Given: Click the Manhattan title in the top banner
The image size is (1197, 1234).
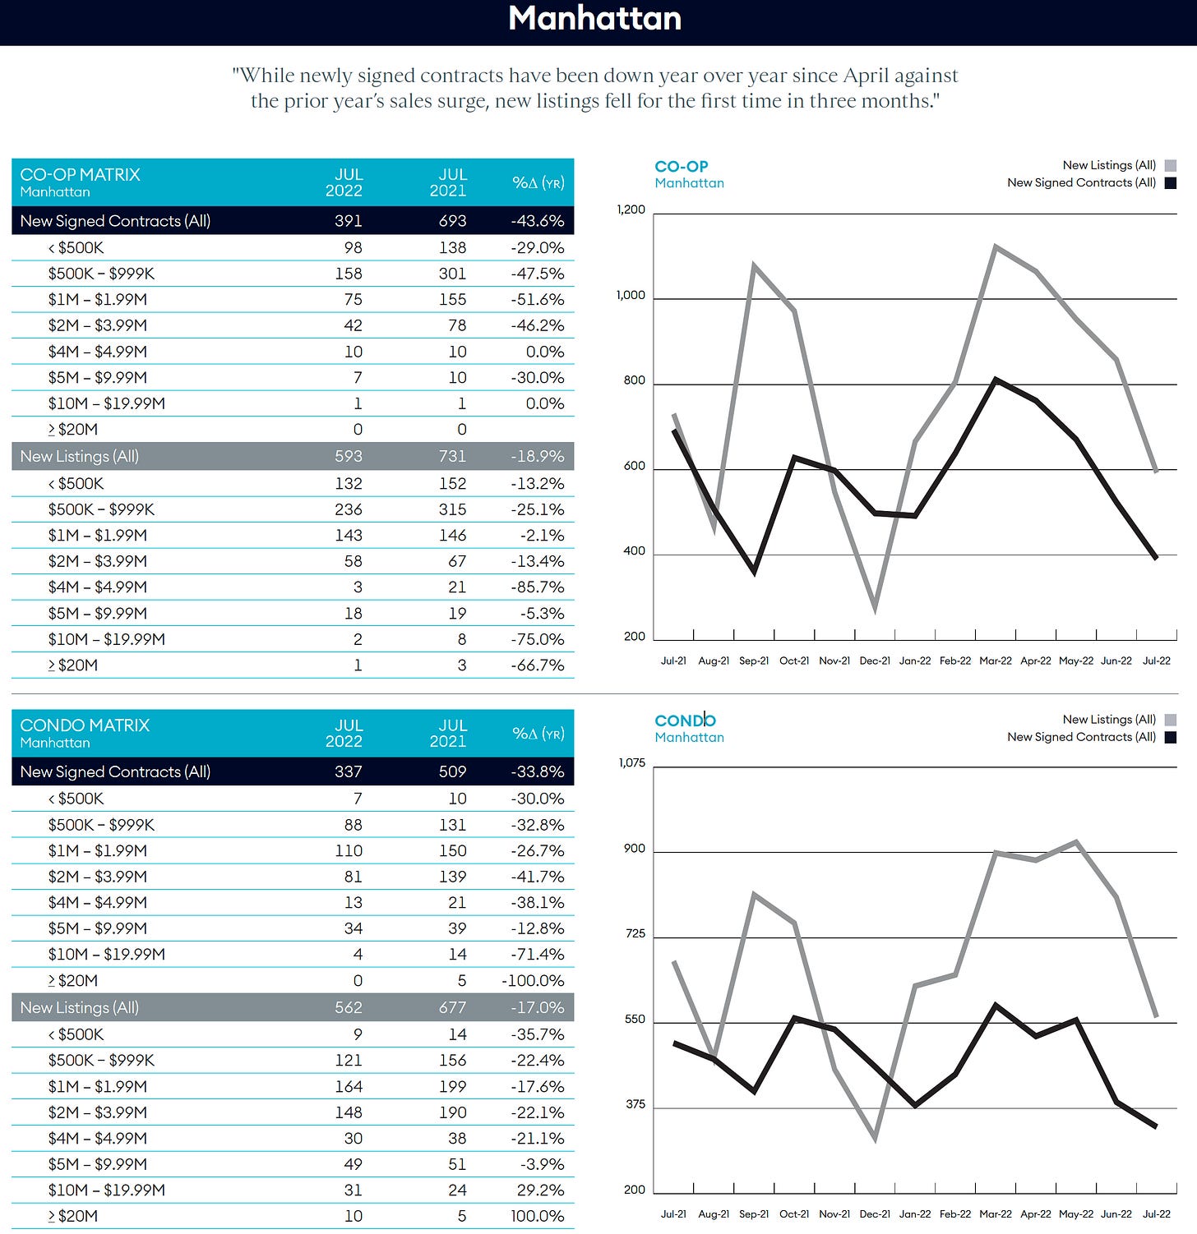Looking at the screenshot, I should (x=595, y=18).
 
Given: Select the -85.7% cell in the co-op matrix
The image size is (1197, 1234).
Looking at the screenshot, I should (x=538, y=587).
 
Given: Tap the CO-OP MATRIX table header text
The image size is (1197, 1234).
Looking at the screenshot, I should (x=80, y=174).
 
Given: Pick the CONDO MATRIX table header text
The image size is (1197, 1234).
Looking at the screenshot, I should (x=85, y=725).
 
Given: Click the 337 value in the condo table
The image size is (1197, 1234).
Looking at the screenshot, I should (x=349, y=771).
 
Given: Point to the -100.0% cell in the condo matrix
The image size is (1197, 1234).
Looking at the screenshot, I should (x=533, y=980).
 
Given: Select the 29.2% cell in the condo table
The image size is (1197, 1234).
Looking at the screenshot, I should (x=540, y=1190).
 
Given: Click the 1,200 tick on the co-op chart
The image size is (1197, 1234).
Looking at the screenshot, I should (x=631, y=210).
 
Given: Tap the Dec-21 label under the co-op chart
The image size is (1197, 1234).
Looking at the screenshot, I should (x=875, y=661).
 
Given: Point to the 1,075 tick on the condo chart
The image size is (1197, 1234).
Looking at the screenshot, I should (x=632, y=763).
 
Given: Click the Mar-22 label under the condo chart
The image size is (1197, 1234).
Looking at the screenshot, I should (x=996, y=1213).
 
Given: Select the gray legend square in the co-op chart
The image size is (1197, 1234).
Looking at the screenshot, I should (x=1171, y=165).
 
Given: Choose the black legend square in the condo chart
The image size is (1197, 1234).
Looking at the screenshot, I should (x=1171, y=737).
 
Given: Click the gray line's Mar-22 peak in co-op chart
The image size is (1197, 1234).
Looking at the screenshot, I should (x=996, y=246).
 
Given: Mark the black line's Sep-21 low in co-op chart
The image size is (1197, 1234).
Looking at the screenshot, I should (x=755, y=571).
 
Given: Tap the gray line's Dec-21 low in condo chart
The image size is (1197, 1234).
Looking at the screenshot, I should (x=875, y=1139).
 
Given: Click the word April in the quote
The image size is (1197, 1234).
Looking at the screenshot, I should (x=863, y=76).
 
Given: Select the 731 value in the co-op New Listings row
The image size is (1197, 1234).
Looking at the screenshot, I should (x=452, y=456).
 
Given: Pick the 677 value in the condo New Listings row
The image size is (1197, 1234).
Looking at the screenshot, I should (x=452, y=1007).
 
